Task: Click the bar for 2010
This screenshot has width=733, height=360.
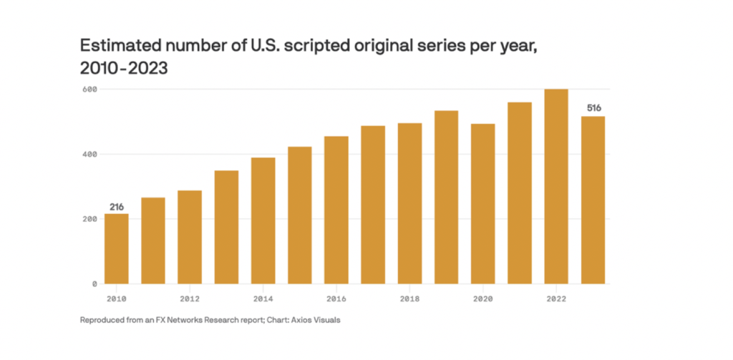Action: pos(117,248)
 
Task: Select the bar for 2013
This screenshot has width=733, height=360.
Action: pos(227,227)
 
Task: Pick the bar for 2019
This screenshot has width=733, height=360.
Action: pos(447,197)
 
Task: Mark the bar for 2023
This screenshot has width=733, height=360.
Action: pos(593,200)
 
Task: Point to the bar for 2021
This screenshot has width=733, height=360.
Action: pos(520,193)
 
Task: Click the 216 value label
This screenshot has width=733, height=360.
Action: pos(117,207)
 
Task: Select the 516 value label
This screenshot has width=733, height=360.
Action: pos(593,108)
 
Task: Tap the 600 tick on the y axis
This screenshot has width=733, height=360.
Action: pos(89,89)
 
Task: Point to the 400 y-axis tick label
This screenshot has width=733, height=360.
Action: pos(89,155)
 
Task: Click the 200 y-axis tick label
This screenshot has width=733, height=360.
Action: pos(89,219)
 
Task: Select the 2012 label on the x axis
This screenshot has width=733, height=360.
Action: pos(190,298)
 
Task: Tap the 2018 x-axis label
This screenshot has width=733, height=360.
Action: pos(409,298)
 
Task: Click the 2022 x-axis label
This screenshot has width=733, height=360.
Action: pos(556,298)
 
